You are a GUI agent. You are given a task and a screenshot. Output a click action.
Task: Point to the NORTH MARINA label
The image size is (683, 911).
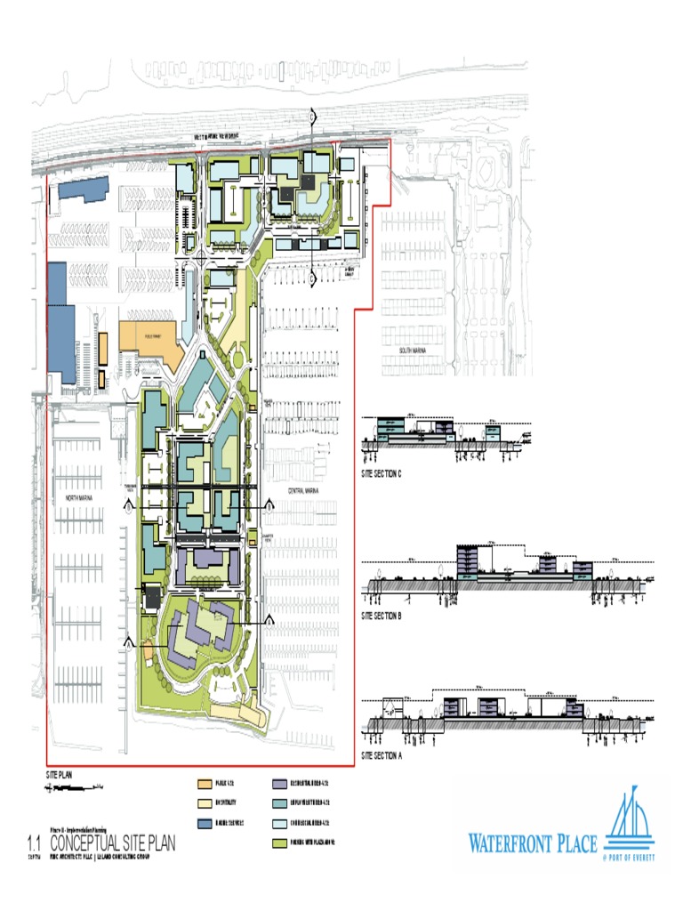84,500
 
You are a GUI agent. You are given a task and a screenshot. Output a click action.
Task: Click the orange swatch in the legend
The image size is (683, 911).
203,784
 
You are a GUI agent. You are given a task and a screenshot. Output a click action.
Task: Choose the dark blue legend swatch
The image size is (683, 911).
203,823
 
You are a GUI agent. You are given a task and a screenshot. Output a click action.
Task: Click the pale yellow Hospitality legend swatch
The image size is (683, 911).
203,803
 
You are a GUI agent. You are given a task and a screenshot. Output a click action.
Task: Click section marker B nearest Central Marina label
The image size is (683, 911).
270,504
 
